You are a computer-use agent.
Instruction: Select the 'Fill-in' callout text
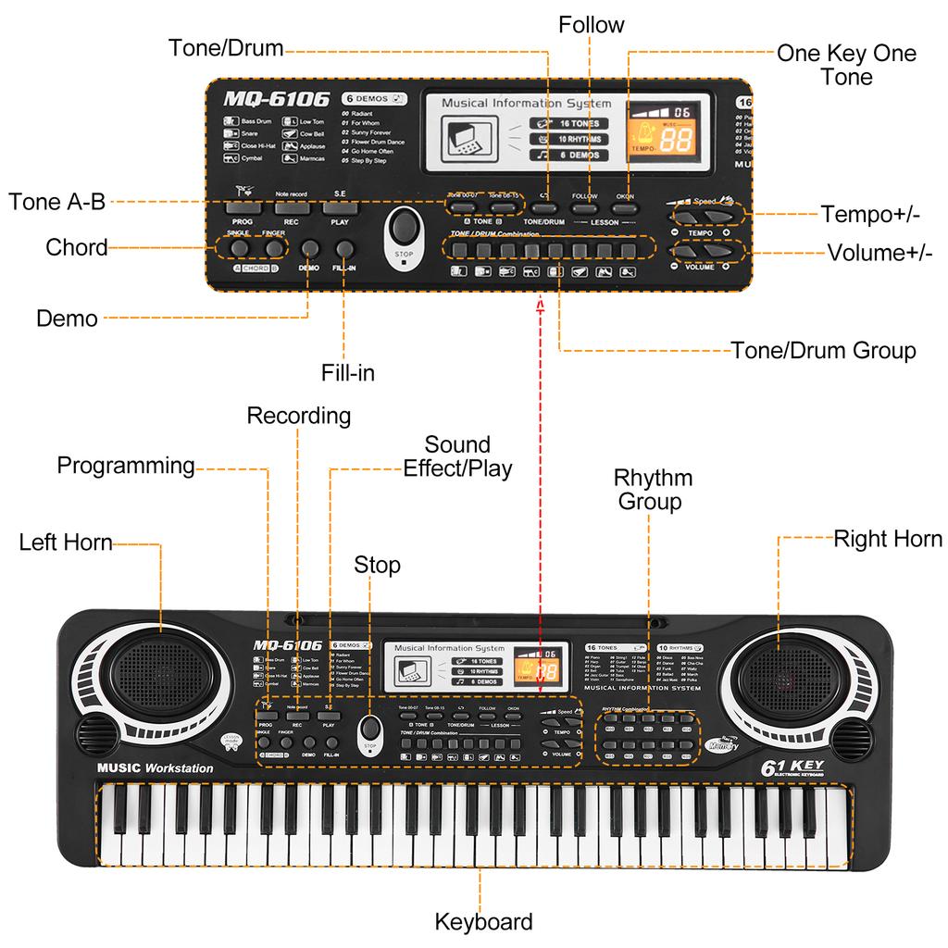[348, 373]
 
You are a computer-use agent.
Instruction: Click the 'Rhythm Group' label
[654, 490]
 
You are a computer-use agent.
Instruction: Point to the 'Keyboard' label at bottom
[483, 921]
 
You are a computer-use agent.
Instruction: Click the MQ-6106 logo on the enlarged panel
[276, 99]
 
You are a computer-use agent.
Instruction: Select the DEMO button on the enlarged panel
[309, 249]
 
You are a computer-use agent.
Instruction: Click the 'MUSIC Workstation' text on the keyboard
[155, 767]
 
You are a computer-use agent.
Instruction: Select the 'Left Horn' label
[66, 542]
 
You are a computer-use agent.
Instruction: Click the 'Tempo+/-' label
[869, 215]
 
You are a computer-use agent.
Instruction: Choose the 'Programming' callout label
[126, 465]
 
